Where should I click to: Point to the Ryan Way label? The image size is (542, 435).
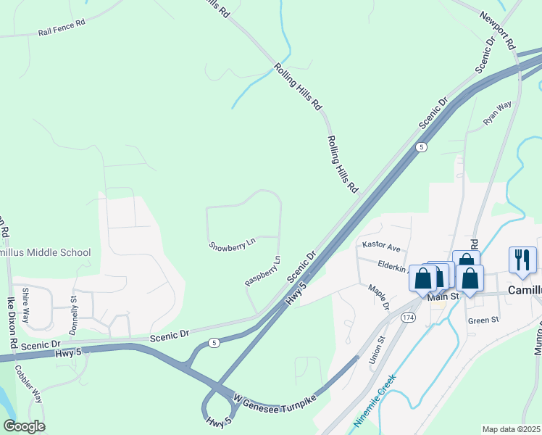(x=497, y=112)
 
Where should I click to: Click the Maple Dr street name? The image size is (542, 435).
(x=378, y=297)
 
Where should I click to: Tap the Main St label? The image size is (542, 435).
(x=444, y=297)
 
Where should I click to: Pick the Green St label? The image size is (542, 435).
(x=483, y=319)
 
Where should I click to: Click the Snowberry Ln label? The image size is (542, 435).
(x=232, y=245)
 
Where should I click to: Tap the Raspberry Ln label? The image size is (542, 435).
(x=262, y=270)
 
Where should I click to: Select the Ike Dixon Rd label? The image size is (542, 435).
(x=12, y=320)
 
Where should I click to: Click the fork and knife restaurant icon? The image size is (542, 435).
(x=522, y=259)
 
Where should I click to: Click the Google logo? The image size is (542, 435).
(x=24, y=426)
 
